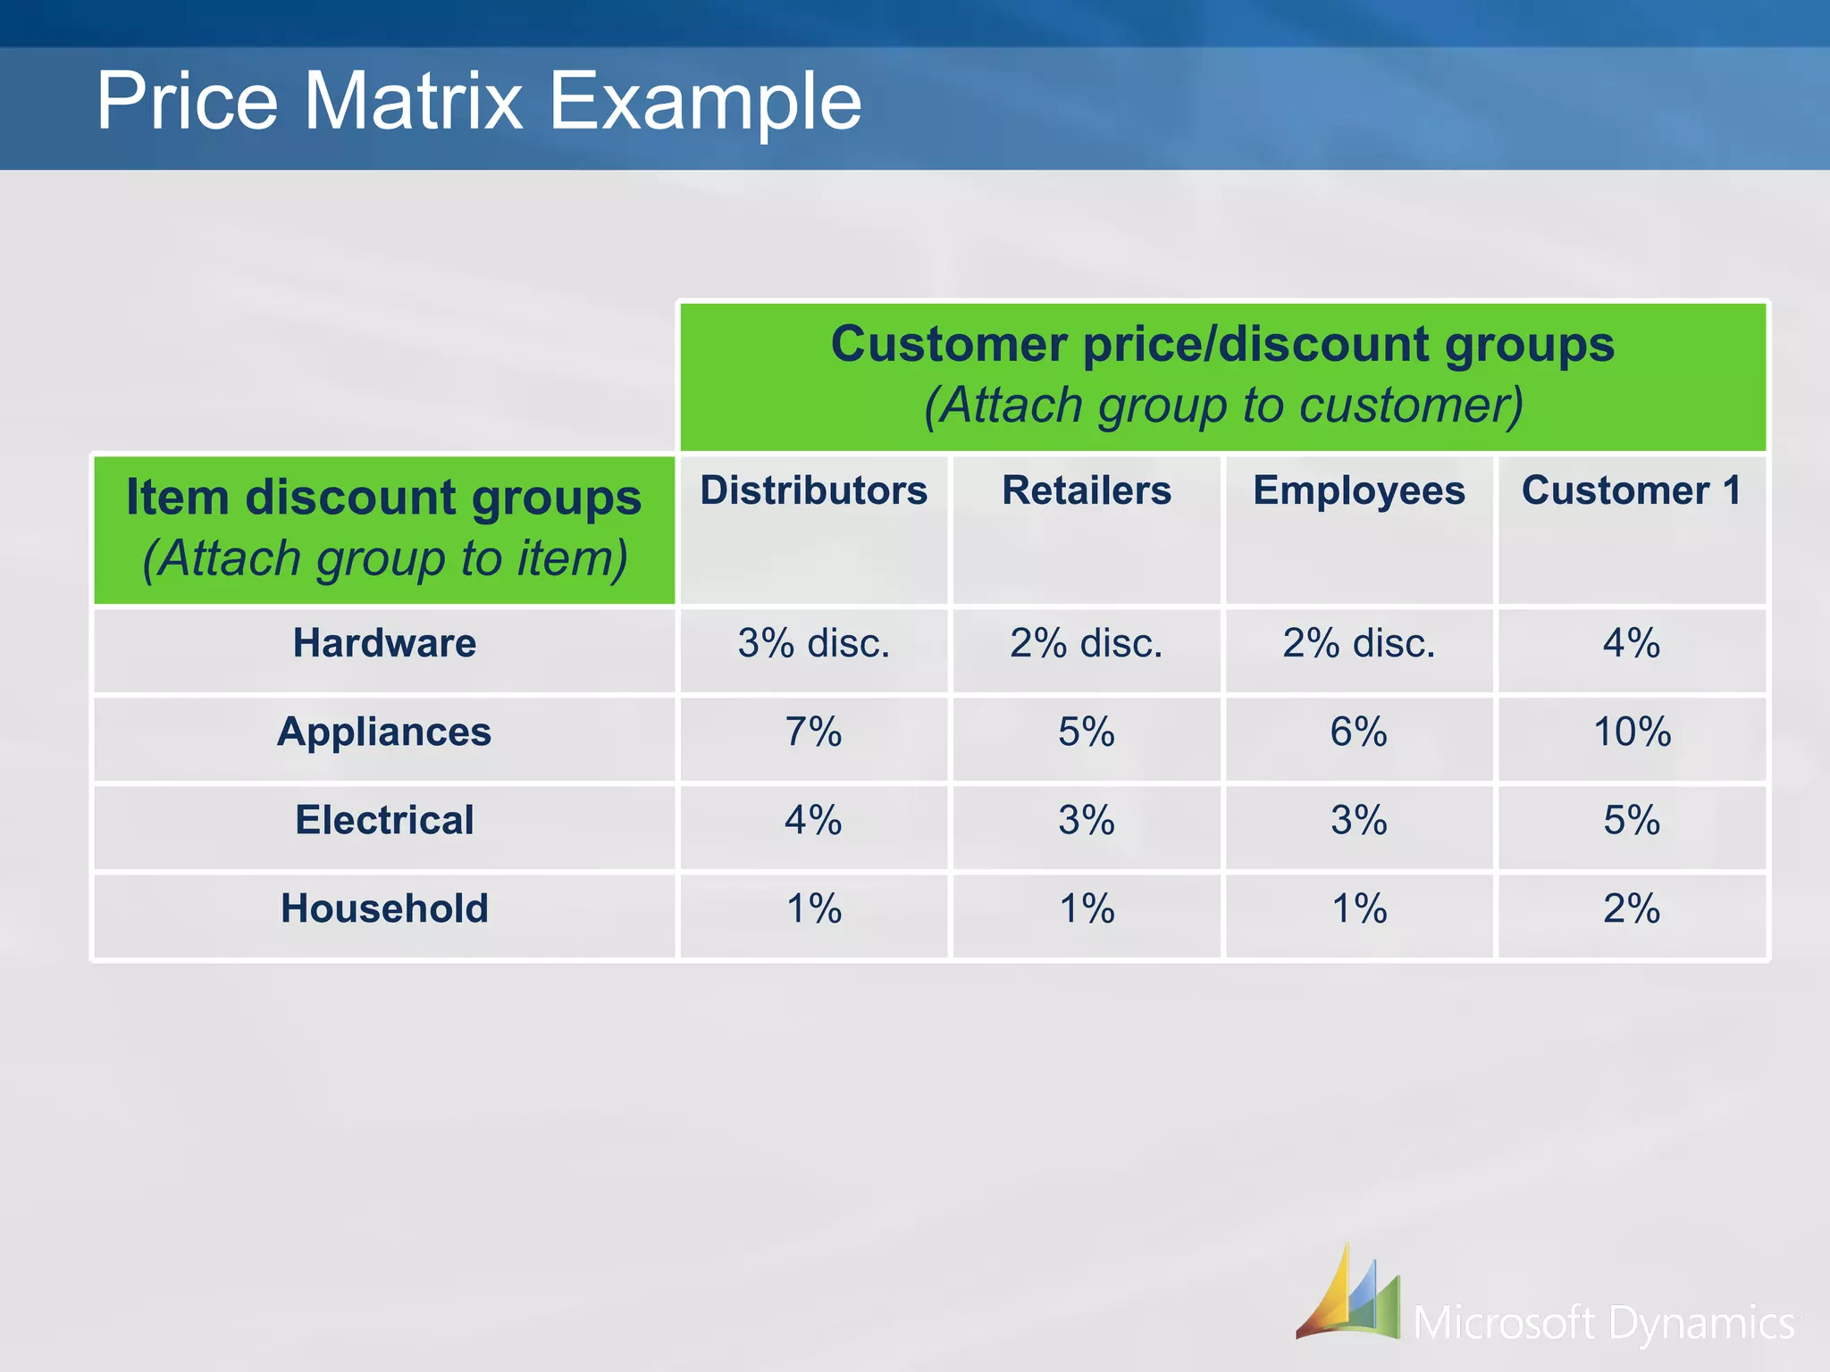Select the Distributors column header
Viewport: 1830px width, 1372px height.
[x=813, y=490]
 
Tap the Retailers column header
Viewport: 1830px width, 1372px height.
[x=1086, y=490]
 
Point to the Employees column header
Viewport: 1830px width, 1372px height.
[x=1358, y=490]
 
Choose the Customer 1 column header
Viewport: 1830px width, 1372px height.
[x=1632, y=490]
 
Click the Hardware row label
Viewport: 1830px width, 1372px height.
[x=384, y=643]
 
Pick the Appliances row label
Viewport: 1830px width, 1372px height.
[x=384, y=732]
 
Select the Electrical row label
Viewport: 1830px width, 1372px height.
[x=384, y=820]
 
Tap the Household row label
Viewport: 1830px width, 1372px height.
[x=384, y=908]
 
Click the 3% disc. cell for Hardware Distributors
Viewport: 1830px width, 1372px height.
[x=813, y=643]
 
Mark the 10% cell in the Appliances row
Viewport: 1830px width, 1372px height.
[x=1632, y=732]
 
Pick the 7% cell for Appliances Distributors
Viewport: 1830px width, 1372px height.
[x=813, y=732]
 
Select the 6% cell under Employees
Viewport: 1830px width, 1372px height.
[x=1358, y=732]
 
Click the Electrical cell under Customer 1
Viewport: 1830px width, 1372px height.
[x=1632, y=820]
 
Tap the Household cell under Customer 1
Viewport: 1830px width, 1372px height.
[x=1632, y=908]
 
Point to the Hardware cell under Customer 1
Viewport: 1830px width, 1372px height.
[x=1632, y=643]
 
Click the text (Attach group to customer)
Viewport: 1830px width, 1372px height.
[x=1222, y=406]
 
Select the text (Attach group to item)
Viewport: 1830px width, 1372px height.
[x=384, y=558]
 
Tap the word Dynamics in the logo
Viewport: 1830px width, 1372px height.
[x=1702, y=1323]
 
